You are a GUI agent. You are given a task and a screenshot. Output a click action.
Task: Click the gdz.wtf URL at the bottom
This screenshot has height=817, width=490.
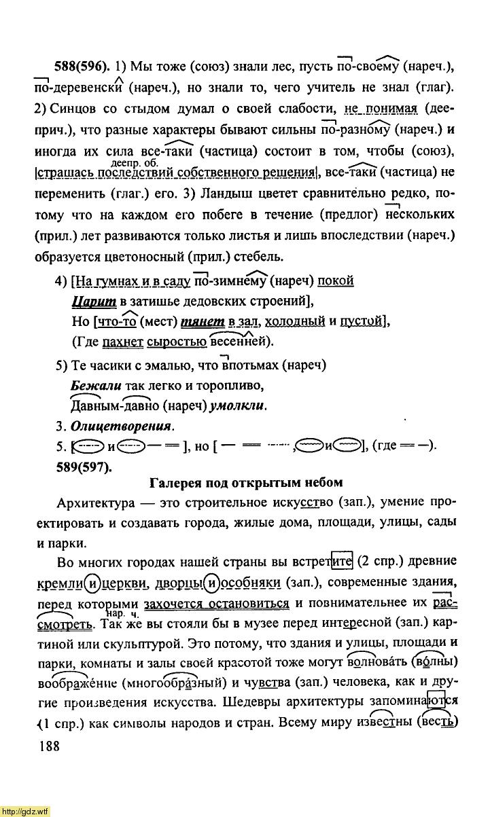point(25,810)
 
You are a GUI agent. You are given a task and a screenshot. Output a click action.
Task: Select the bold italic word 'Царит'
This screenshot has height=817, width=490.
point(94,301)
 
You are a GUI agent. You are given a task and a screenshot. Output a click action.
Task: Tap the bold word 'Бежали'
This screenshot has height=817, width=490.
point(95,386)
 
